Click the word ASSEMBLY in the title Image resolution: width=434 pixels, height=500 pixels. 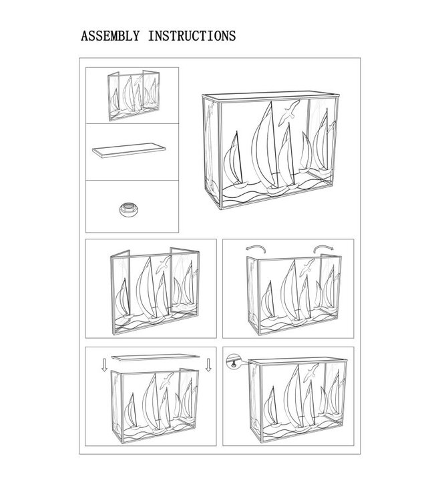click(110, 36)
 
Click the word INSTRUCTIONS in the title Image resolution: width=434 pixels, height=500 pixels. click(192, 36)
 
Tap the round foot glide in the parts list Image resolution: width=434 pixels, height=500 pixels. click(129, 209)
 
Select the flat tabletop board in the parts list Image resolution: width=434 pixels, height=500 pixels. click(129, 150)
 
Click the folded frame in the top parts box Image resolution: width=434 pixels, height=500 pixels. click(134, 95)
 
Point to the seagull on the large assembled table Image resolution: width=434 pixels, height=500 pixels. click(289, 112)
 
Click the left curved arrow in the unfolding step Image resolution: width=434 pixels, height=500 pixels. click(256, 248)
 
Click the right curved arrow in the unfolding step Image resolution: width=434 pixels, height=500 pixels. click(324, 248)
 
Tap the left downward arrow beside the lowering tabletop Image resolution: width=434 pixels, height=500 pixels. click(104, 365)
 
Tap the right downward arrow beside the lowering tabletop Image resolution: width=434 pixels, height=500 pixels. click(208, 365)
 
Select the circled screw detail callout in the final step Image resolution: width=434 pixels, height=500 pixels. click(234, 361)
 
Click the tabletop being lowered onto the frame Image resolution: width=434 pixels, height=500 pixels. click(156, 358)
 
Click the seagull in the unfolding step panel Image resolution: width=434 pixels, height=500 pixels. click(307, 267)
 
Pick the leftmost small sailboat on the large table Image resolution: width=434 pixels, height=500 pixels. click(236, 161)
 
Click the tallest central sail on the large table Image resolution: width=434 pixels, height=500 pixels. click(265, 147)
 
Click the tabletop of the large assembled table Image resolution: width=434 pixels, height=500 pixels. click(270, 96)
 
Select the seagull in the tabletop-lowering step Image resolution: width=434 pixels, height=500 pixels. click(166, 381)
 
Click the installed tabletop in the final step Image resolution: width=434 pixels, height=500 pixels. click(298, 361)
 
